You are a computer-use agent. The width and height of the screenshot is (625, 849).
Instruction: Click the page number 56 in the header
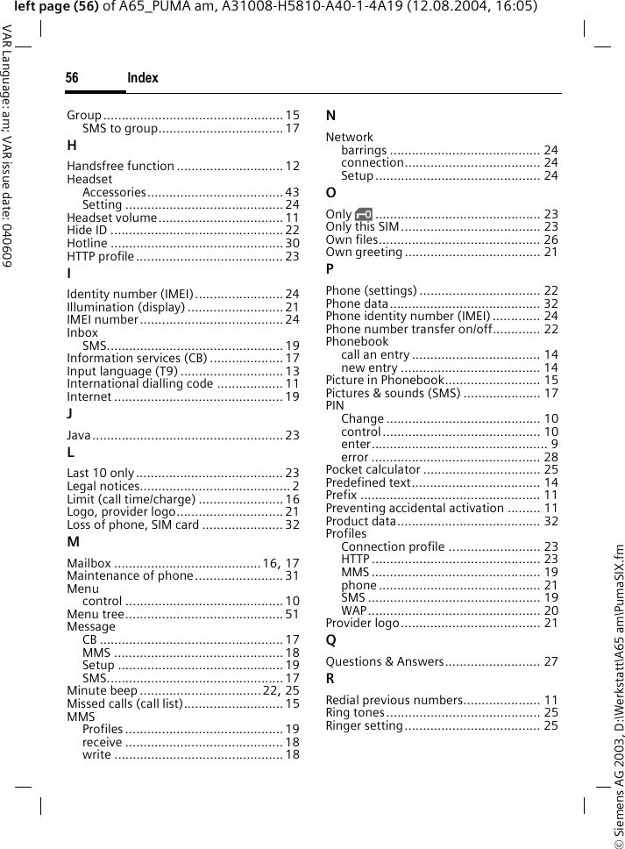point(72,79)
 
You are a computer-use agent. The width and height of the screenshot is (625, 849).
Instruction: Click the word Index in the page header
point(143,79)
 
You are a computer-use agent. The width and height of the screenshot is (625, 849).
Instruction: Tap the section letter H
point(72,146)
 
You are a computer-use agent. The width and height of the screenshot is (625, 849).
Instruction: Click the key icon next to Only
point(364,214)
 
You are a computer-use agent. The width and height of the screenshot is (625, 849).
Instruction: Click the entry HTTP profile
point(101,256)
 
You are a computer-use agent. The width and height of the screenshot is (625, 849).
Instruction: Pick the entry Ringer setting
point(364,725)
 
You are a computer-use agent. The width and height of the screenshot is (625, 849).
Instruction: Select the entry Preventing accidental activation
point(406,508)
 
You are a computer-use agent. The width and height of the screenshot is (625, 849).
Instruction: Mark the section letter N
point(331,117)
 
